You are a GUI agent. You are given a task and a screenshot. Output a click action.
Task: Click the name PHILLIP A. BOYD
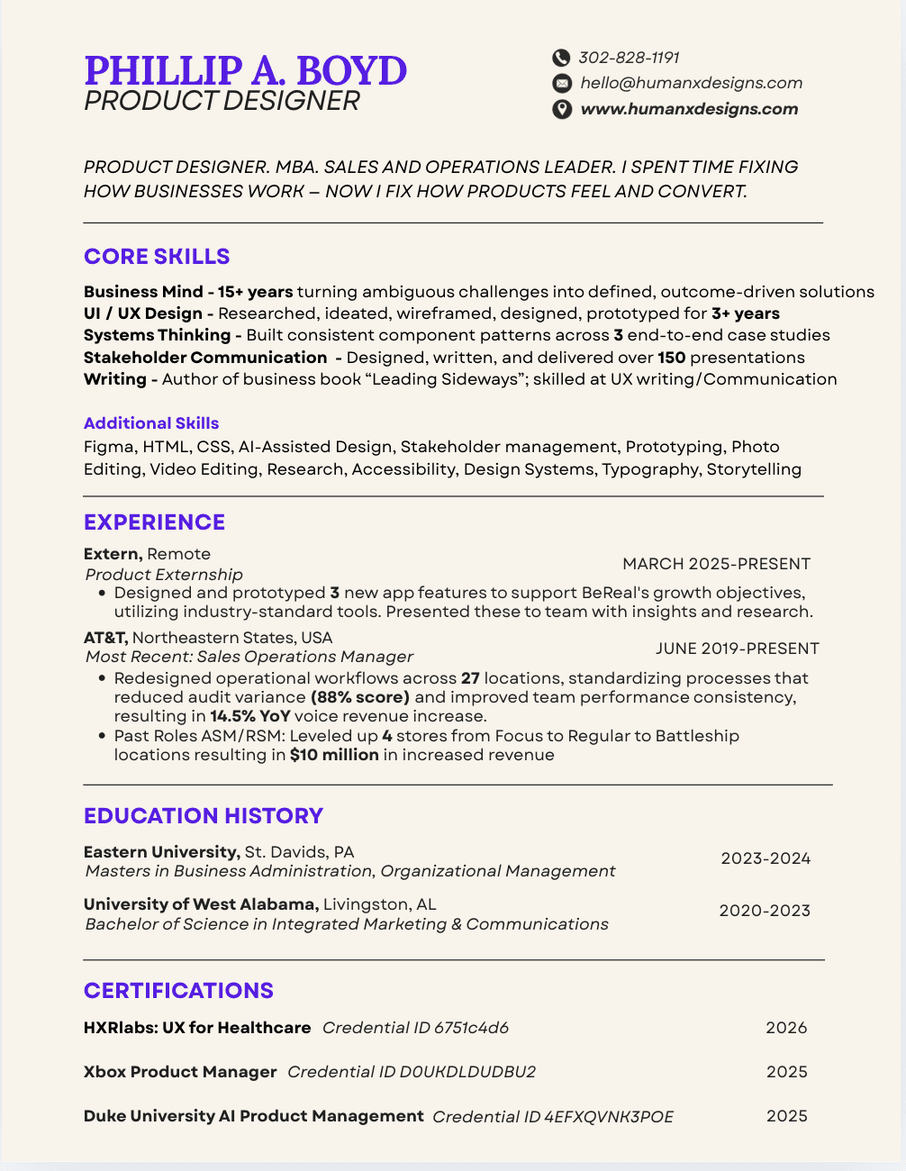click(x=245, y=70)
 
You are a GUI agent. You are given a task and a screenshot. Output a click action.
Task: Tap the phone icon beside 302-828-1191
click(x=561, y=58)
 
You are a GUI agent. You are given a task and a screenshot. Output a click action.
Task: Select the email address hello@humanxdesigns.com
click(x=691, y=83)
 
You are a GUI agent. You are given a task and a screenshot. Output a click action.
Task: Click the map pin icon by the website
click(x=561, y=109)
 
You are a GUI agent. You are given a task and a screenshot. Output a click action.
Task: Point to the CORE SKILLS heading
click(x=157, y=257)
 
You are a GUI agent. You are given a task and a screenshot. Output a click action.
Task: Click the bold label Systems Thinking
click(x=157, y=335)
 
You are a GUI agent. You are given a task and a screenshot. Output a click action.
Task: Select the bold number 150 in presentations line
click(x=672, y=358)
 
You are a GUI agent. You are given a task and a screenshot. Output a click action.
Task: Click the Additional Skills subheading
click(x=151, y=423)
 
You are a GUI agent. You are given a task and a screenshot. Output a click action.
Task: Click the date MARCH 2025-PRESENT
click(x=716, y=564)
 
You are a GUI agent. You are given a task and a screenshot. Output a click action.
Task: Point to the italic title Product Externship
click(x=164, y=575)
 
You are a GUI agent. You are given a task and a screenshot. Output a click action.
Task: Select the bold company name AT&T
click(x=104, y=638)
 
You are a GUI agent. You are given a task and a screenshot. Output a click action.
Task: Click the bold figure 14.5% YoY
click(x=250, y=716)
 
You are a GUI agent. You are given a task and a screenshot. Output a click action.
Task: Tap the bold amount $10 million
click(x=334, y=755)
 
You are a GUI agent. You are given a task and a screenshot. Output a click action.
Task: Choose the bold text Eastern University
click(x=161, y=852)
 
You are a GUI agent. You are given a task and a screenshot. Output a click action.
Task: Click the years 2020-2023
click(x=765, y=911)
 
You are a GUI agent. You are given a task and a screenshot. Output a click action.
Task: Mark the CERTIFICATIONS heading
click(x=178, y=991)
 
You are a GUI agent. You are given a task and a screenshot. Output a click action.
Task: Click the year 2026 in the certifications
click(x=786, y=1028)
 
